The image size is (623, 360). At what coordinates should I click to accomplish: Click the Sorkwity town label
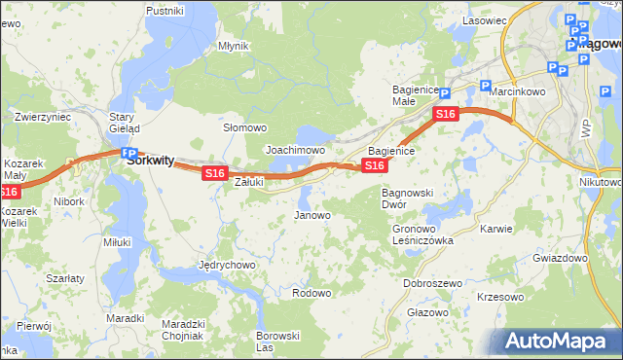point(151,163)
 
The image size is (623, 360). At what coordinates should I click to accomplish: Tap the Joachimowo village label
point(295,151)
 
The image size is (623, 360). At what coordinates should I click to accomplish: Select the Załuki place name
point(250,181)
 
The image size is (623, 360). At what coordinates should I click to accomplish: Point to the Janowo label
point(312,215)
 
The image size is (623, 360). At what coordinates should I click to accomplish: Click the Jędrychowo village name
point(227,265)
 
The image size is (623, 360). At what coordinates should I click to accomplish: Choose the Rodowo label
point(311,293)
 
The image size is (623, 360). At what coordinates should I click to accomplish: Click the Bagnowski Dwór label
point(407,198)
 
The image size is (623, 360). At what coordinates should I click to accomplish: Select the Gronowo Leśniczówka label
point(422,234)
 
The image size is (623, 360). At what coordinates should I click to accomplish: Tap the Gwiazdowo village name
point(560,259)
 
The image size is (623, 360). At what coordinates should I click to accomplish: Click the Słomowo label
point(245,127)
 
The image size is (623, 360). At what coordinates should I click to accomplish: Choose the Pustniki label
point(165,11)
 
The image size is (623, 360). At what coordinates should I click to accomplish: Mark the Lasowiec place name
point(485,20)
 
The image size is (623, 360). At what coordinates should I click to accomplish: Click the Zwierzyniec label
point(43,117)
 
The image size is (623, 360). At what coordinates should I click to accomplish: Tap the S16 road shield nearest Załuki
point(215,173)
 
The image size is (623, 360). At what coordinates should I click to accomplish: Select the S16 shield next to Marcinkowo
point(446,115)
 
